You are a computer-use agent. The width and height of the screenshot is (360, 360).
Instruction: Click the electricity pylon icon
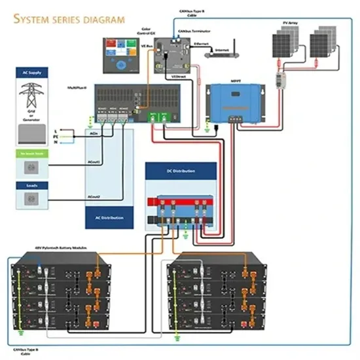pos(31,98)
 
